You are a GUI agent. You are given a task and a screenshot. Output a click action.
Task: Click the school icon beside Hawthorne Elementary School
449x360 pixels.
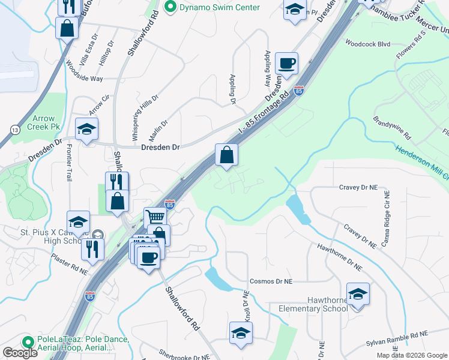358,294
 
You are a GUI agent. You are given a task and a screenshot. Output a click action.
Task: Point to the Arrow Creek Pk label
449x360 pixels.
47,123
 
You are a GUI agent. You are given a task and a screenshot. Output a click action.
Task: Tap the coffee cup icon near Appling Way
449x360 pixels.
286,64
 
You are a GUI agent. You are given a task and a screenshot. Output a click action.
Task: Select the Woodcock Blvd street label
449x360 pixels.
367,43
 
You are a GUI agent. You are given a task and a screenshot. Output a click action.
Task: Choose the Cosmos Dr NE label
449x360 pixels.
271,281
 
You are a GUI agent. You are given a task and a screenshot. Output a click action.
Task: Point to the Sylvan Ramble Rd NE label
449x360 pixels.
397,339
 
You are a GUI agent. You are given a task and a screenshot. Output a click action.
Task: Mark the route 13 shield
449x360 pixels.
14,130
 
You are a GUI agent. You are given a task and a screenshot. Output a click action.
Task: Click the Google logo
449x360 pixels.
20,353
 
